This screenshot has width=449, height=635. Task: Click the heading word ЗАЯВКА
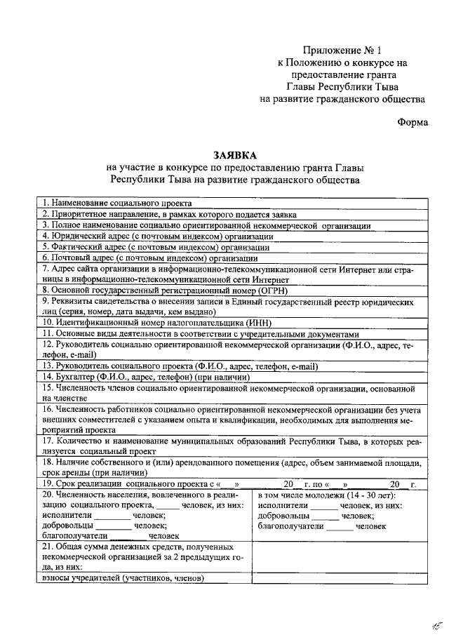point(236,154)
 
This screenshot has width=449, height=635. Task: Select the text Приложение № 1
point(342,51)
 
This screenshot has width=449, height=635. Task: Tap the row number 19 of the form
point(48,484)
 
